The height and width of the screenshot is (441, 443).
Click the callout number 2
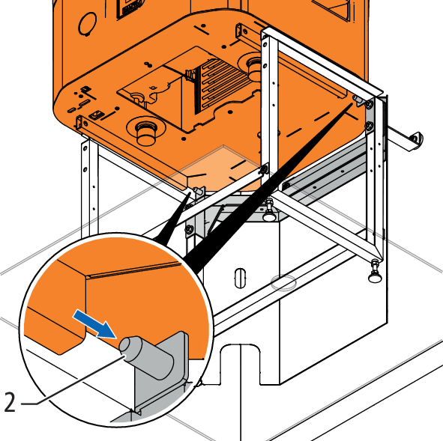coord(10,402)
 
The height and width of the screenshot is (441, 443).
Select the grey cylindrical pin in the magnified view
coord(146,356)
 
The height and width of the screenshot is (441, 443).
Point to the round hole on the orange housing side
coord(88,24)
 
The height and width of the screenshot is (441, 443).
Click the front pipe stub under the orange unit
coord(146,133)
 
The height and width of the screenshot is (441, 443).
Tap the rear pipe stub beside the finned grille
coord(253,69)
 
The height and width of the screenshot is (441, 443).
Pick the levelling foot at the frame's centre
coord(270,211)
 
